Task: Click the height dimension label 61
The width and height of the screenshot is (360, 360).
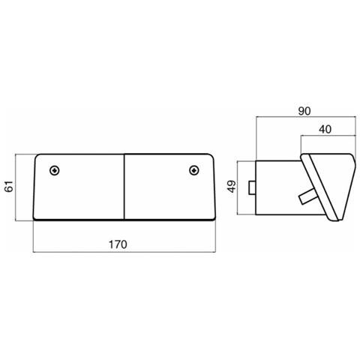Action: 10,187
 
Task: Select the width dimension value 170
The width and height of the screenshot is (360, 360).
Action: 118,244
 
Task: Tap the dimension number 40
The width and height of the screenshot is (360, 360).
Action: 325,129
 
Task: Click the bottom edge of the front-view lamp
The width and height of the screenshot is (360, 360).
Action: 124,220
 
